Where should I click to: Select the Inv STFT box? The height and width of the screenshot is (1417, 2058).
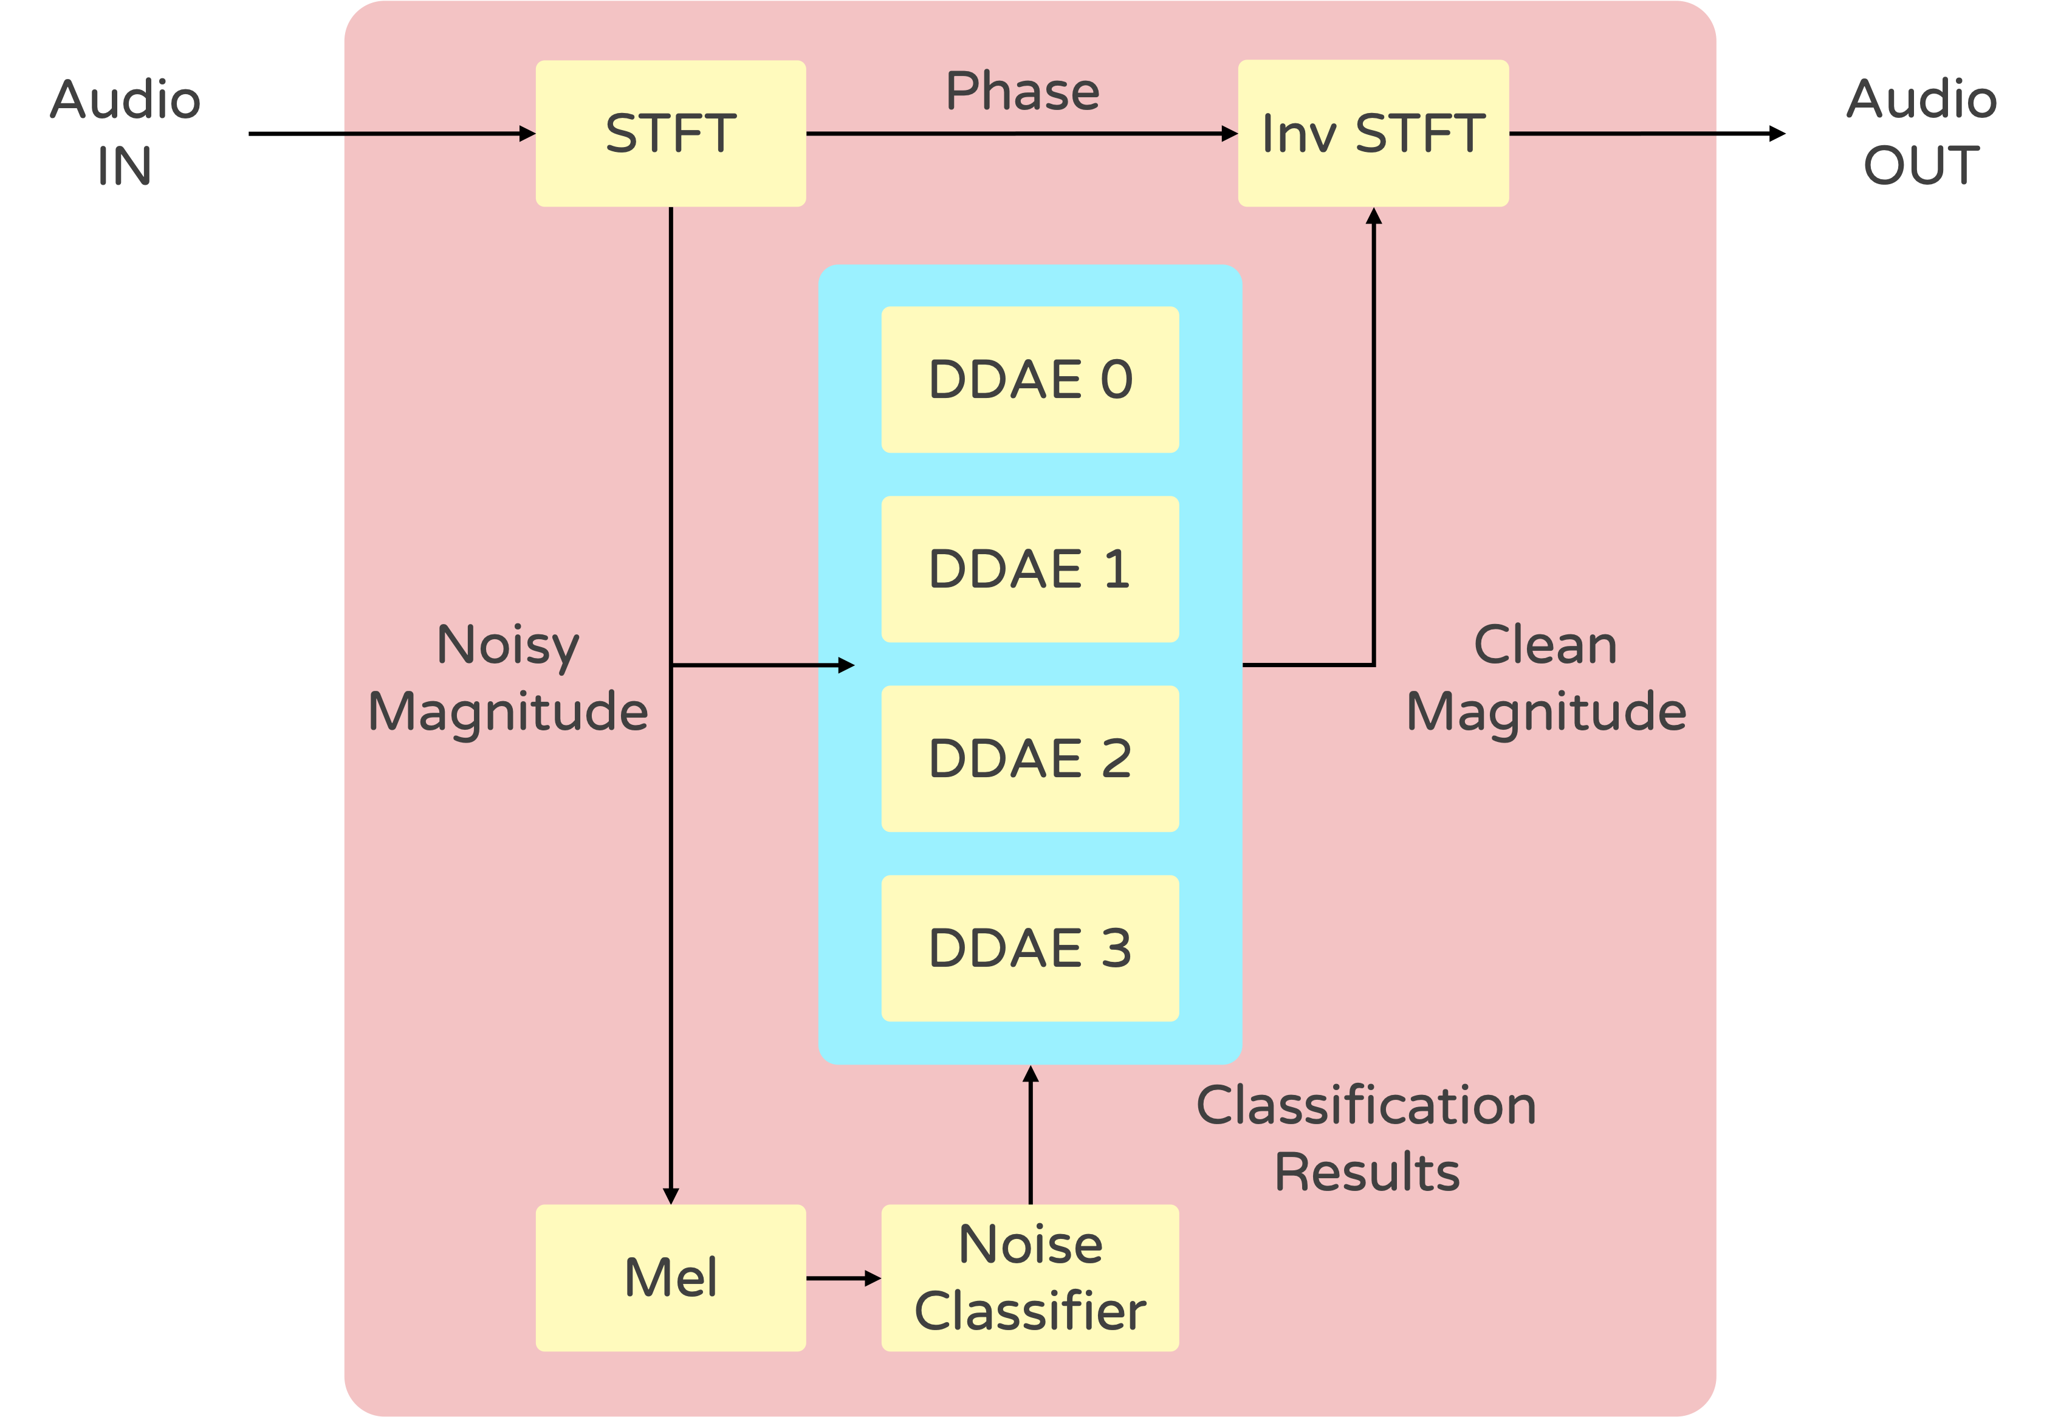[x=1373, y=133]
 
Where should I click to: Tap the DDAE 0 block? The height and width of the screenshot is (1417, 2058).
[x=1030, y=379]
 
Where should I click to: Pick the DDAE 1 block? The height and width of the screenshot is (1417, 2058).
[x=1030, y=569]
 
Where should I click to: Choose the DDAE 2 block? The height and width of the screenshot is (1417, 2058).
[x=1030, y=758]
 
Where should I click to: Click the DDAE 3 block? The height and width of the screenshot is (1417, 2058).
[x=1030, y=949]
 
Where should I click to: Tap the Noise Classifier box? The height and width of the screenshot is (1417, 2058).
[x=1030, y=1278]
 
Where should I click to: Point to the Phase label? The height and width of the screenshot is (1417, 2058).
[x=1023, y=91]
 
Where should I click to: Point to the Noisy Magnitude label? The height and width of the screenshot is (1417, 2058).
[x=508, y=679]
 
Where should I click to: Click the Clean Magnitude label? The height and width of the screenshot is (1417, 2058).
[x=1546, y=679]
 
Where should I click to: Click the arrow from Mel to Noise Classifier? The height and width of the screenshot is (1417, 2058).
[x=843, y=1278]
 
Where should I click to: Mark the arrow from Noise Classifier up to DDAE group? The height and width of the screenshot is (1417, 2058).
[x=1030, y=1134]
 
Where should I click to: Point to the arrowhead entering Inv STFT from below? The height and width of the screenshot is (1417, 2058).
[x=1373, y=216]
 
